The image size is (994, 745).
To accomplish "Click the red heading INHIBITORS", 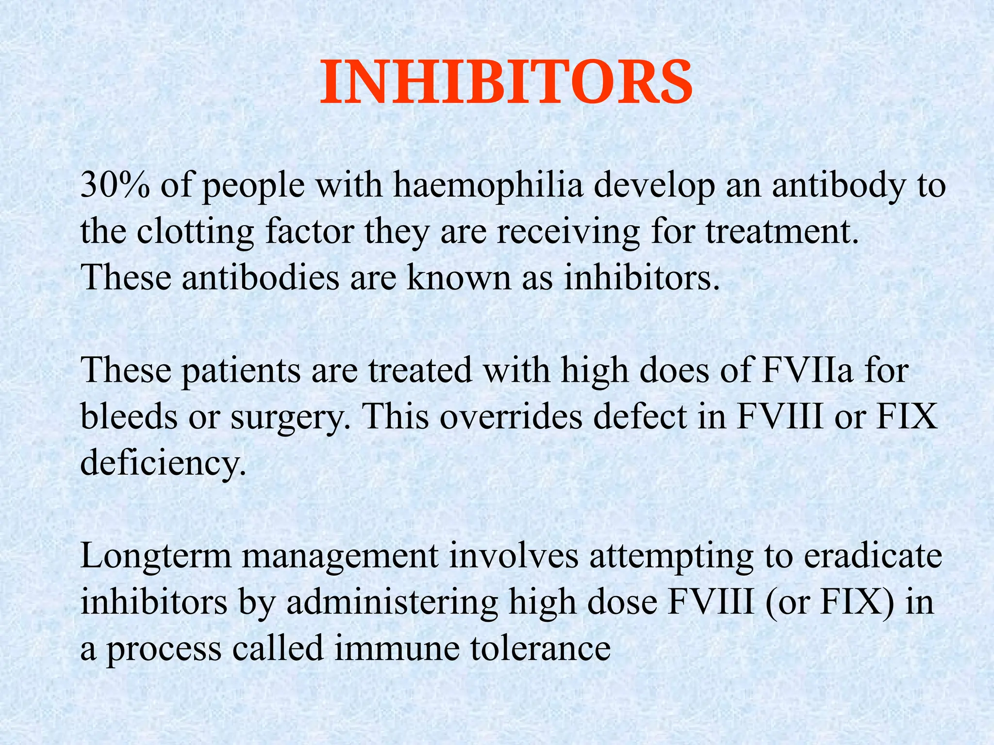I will (x=506, y=82).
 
